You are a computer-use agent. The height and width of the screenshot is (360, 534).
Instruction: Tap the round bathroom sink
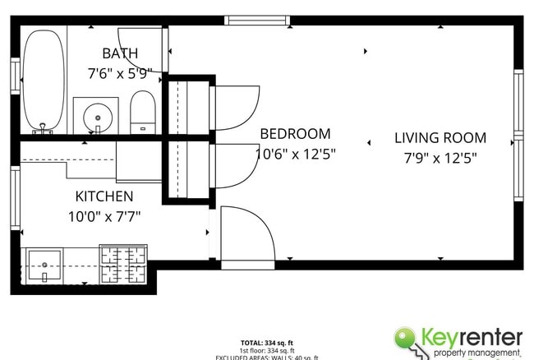point(96,116)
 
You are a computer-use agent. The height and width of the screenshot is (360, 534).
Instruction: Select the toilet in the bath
point(143,113)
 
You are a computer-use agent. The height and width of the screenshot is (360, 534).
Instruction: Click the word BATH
point(120,54)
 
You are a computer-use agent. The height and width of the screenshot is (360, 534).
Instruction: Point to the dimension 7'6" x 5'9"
point(120,73)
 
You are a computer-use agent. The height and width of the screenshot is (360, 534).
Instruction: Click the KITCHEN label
point(104,196)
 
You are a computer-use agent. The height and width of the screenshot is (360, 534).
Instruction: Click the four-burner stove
point(123,264)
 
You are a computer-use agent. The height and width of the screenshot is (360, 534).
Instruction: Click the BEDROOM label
point(295,134)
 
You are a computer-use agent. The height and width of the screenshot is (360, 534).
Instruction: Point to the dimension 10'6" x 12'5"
point(295,153)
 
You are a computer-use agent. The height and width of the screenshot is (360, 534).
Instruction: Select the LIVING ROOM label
point(440,138)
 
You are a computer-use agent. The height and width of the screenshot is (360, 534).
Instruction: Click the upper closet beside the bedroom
point(188,106)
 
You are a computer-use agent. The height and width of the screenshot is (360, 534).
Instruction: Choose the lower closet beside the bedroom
point(188,169)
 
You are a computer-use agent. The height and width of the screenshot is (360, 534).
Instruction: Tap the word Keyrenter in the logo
point(474,337)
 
